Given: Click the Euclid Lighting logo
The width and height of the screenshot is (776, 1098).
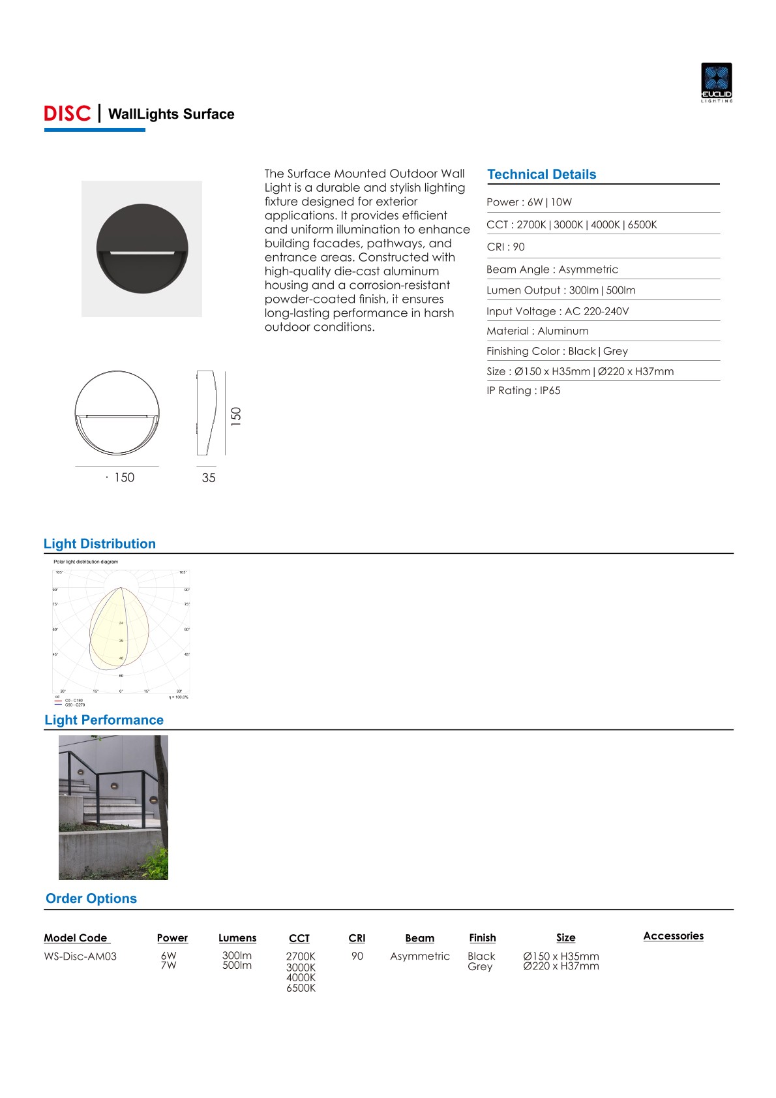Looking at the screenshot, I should (x=717, y=82).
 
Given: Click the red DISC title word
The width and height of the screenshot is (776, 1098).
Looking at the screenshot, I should (x=67, y=114).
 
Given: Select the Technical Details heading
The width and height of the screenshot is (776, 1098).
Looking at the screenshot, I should (x=541, y=174).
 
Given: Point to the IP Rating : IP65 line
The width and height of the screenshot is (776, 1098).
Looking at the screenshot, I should (x=523, y=391).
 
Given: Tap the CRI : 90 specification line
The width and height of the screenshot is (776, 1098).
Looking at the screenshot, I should (x=505, y=247).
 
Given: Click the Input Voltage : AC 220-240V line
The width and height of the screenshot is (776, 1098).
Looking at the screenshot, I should (x=558, y=311).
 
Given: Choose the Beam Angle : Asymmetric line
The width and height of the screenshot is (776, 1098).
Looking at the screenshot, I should (x=552, y=269).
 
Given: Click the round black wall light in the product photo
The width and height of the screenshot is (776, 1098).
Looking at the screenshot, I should (x=142, y=249).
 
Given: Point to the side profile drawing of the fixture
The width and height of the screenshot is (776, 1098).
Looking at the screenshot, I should (x=206, y=413).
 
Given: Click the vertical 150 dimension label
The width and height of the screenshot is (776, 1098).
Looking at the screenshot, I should (x=236, y=416).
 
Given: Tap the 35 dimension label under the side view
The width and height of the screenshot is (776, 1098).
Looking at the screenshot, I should (x=209, y=478).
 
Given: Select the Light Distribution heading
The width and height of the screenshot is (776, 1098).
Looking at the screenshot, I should (x=100, y=544).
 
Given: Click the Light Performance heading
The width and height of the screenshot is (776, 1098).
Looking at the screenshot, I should (x=104, y=720).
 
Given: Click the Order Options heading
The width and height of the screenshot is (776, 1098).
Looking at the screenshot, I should (x=91, y=898).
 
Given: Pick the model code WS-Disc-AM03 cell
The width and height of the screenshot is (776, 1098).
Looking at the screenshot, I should (x=80, y=956).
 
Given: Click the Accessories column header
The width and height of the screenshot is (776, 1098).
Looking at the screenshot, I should (x=673, y=936).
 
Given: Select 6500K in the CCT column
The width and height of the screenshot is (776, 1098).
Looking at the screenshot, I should (x=301, y=988).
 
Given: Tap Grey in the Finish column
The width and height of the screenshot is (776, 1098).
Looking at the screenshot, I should (x=480, y=967).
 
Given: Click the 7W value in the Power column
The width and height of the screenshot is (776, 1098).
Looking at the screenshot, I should (x=168, y=966).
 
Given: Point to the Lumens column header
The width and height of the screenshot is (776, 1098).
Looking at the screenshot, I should (x=237, y=938).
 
